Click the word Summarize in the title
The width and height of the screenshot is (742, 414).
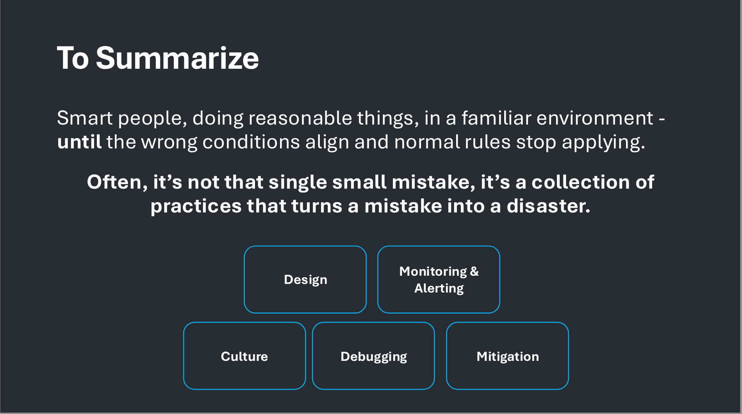[177, 58]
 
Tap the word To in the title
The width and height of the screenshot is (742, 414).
[73, 58]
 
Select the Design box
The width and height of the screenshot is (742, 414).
[305, 279]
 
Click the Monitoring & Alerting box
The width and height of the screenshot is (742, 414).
[439, 279]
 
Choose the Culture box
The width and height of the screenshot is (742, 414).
[244, 356]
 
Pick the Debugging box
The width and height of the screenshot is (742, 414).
[373, 356]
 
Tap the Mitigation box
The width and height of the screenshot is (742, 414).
[507, 356]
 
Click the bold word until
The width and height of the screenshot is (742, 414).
[79, 141]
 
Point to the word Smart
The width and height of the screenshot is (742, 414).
[85, 118]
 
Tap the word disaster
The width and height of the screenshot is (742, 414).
[548, 206]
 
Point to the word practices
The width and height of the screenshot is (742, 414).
[196, 206]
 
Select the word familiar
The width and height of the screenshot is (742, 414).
[496, 118]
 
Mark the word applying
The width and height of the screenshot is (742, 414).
[603, 142]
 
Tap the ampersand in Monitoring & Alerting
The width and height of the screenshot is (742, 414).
[474, 271]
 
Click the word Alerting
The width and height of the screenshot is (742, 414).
[439, 288]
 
